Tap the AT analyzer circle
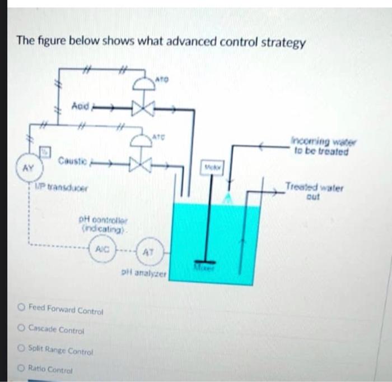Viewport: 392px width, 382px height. click(146, 253)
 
